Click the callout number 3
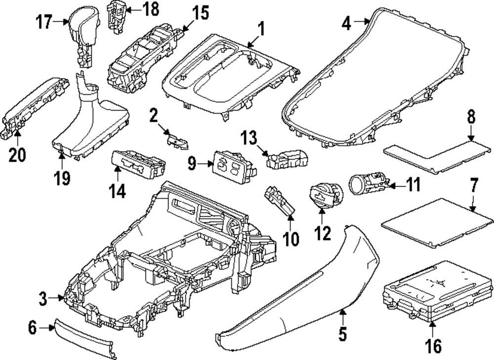pyautogui.click(x=43, y=298)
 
